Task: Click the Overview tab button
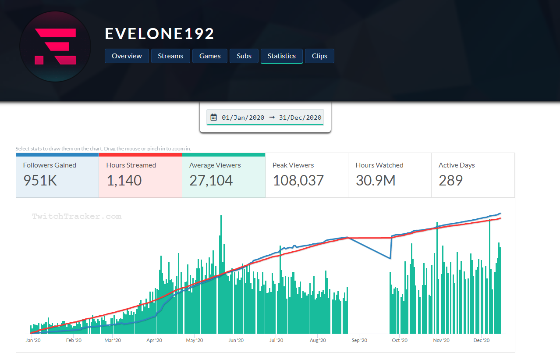click(127, 56)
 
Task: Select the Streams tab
click(170, 56)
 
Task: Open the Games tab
click(210, 56)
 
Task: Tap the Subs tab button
click(244, 56)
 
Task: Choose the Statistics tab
click(281, 56)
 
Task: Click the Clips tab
click(319, 56)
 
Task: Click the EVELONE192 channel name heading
click(159, 34)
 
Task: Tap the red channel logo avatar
click(55, 46)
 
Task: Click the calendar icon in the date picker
click(214, 117)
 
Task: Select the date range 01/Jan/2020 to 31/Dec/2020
click(271, 118)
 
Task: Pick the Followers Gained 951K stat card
click(57, 175)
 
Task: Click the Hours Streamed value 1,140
click(124, 180)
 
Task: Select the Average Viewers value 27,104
click(211, 180)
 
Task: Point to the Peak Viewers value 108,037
click(298, 180)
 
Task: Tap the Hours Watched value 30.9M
click(376, 180)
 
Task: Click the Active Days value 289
click(450, 180)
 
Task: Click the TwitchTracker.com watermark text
click(77, 216)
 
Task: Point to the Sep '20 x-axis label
click(359, 340)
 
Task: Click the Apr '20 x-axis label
click(154, 340)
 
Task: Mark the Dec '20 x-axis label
click(481, 340)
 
